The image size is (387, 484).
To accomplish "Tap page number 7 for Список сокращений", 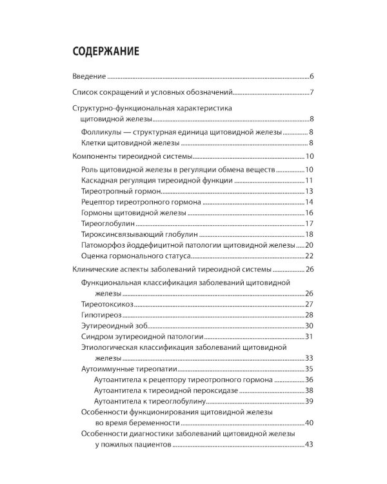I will pos(311,92).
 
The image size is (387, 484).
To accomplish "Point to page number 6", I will pos(311,77).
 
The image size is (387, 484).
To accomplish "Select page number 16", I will pos(308,214).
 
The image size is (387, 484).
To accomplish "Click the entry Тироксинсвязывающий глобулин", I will pos(140,235).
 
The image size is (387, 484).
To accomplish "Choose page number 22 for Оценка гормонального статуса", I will pos(308,257).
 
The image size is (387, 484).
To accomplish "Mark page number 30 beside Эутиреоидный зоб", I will pos(308,326).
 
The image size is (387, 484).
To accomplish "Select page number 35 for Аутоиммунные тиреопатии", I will pos(308,369).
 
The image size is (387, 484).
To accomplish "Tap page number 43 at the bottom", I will pos(308,445).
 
